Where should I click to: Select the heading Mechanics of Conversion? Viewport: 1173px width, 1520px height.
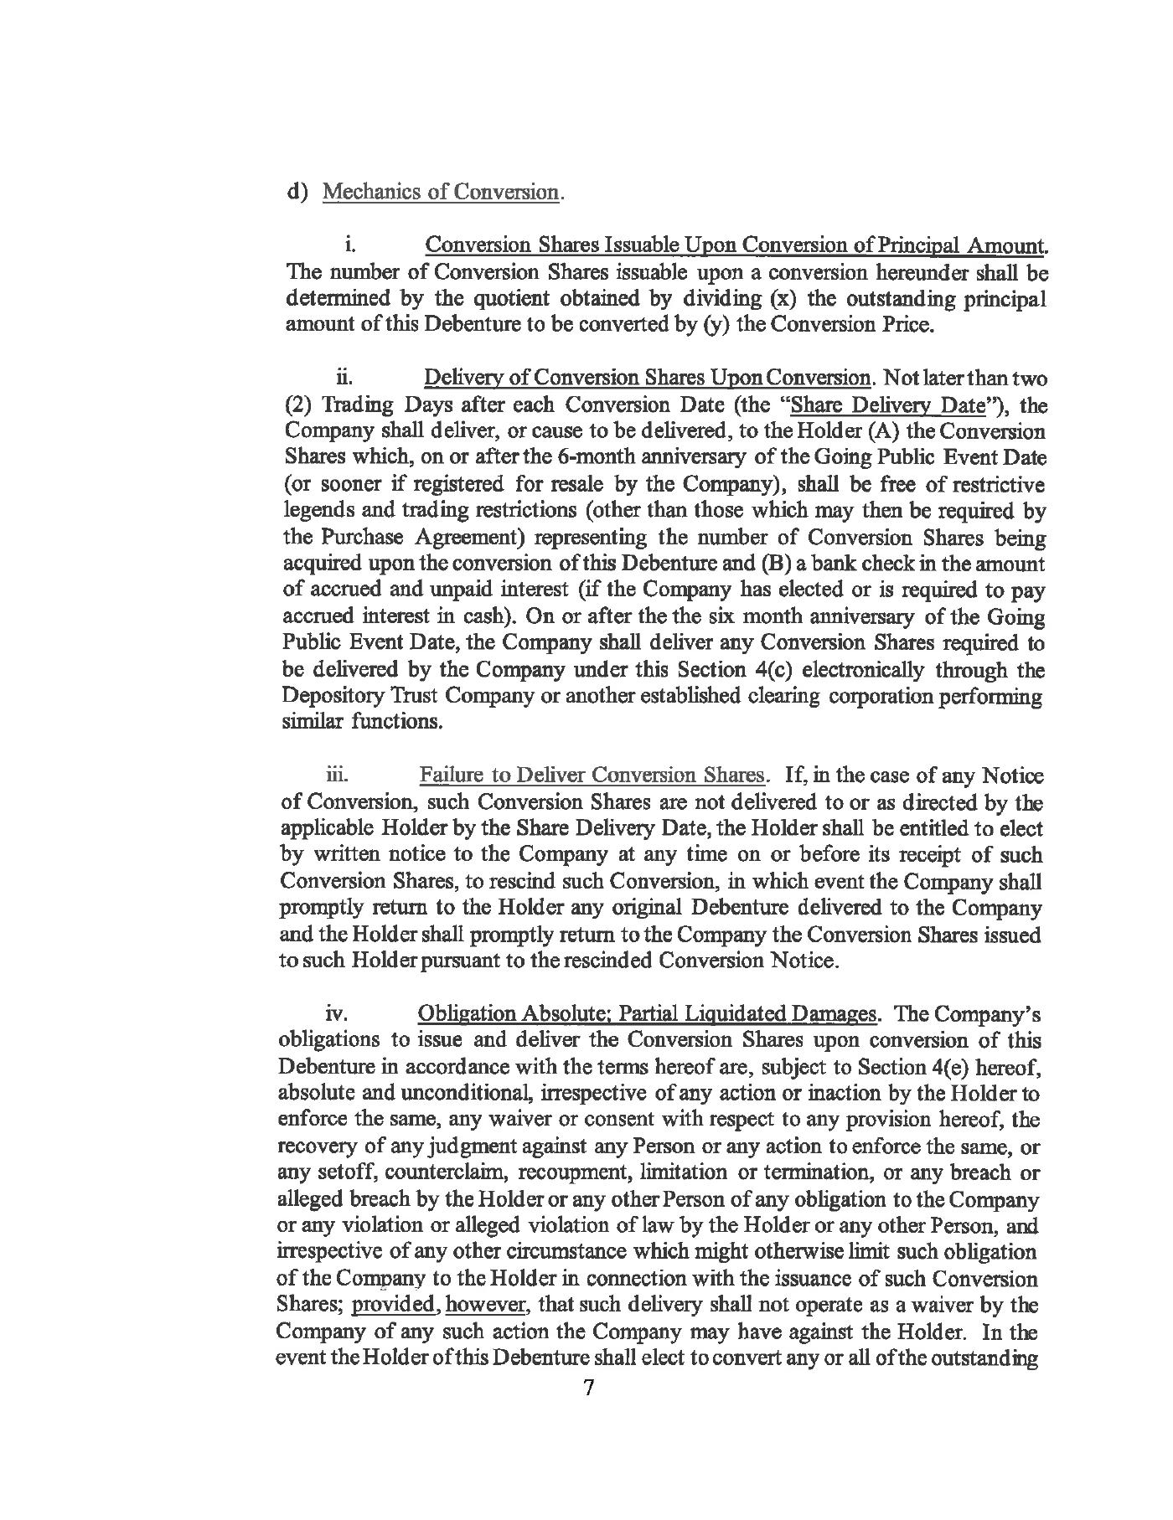pyautogui.click(x=441, y=192)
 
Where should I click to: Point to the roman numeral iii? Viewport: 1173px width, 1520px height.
pyautogui.click(x=337, y=775)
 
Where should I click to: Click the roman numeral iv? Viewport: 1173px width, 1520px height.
pyautogui.click(x=336, y=1014)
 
